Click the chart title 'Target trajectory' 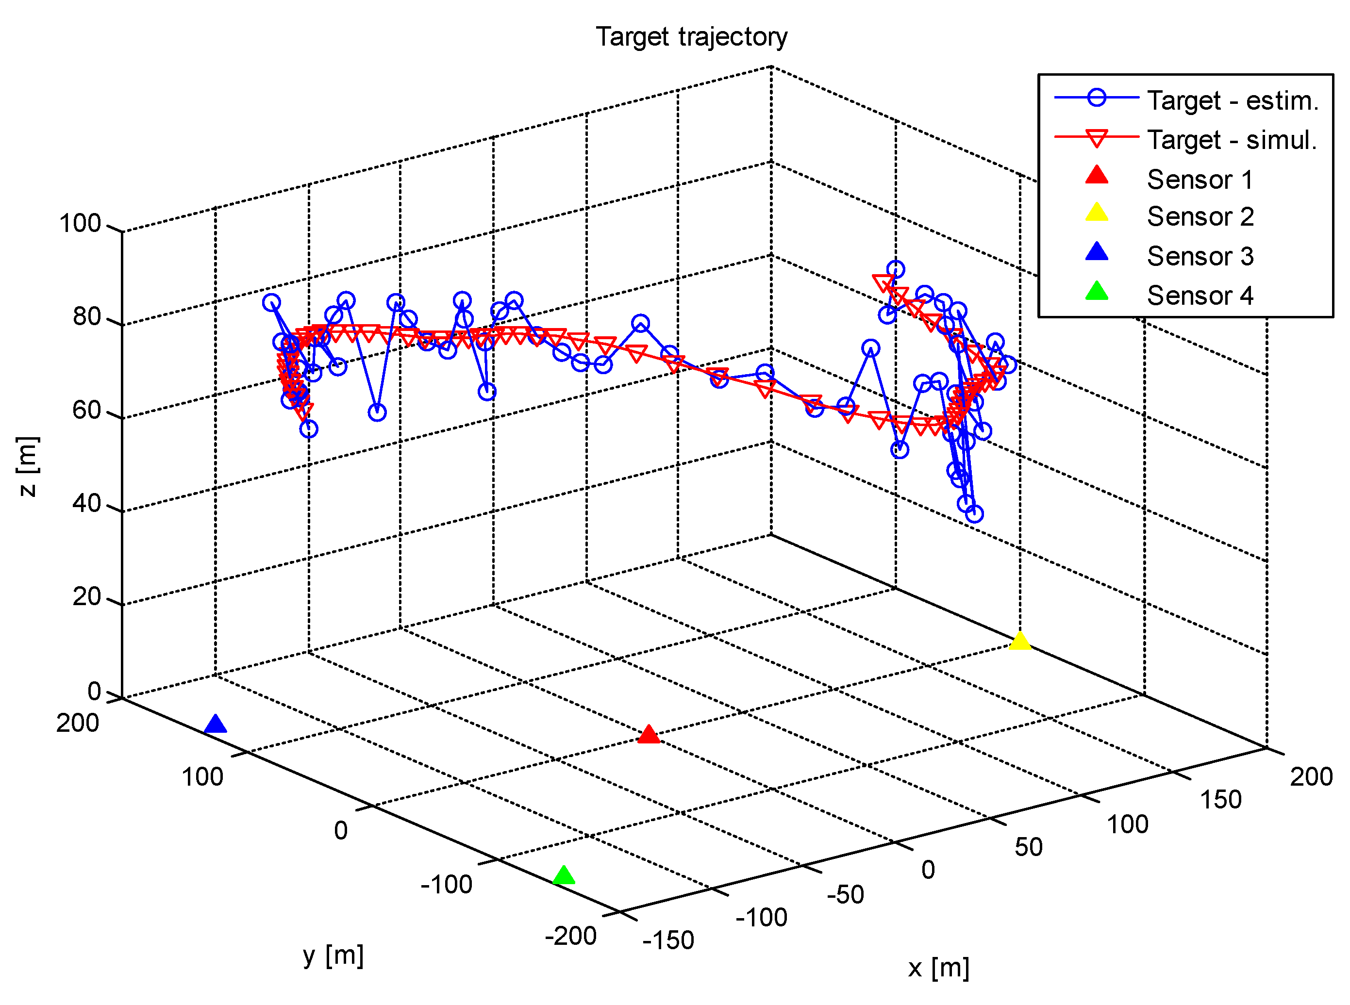click(691, 37)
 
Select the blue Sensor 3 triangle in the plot click(216, 725)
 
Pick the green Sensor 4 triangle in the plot click(564, 876)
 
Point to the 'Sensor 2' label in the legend click(1200, 216)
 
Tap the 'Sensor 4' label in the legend click(1200, 296)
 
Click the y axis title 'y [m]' click(333, 956)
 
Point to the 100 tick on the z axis click(80, 224)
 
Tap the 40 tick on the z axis click(86, 504)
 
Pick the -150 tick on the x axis click(668, 940)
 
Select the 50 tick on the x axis click(1028, 847)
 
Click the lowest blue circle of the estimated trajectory click(974, 514)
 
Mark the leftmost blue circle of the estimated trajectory click(271, 302)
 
